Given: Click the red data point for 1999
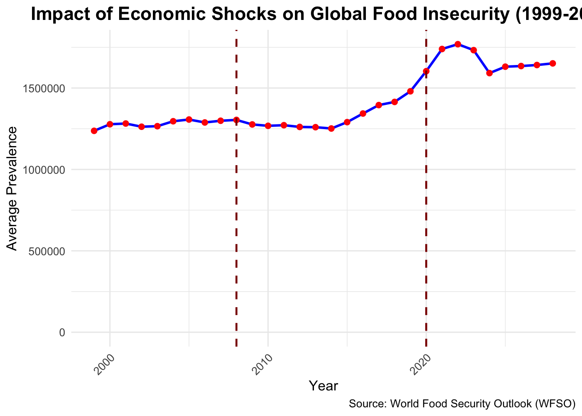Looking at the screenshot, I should click(94, 131).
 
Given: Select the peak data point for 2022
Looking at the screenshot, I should click(458, 44).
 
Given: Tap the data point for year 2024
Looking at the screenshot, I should click(489, 73).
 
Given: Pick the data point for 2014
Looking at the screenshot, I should click(331, 128).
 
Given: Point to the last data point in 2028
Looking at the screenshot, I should click(553, 63).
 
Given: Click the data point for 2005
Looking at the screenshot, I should click(189, 119).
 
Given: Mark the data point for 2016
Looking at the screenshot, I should click(363, 114).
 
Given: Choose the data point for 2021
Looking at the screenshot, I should click(442, 49).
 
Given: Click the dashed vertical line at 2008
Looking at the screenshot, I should click(236, 217).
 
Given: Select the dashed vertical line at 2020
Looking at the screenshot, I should click(426, 217).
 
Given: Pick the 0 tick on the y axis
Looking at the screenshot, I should click(62, 332).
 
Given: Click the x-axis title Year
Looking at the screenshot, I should click(323, 386).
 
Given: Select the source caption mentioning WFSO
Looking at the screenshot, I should click(462, 404).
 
